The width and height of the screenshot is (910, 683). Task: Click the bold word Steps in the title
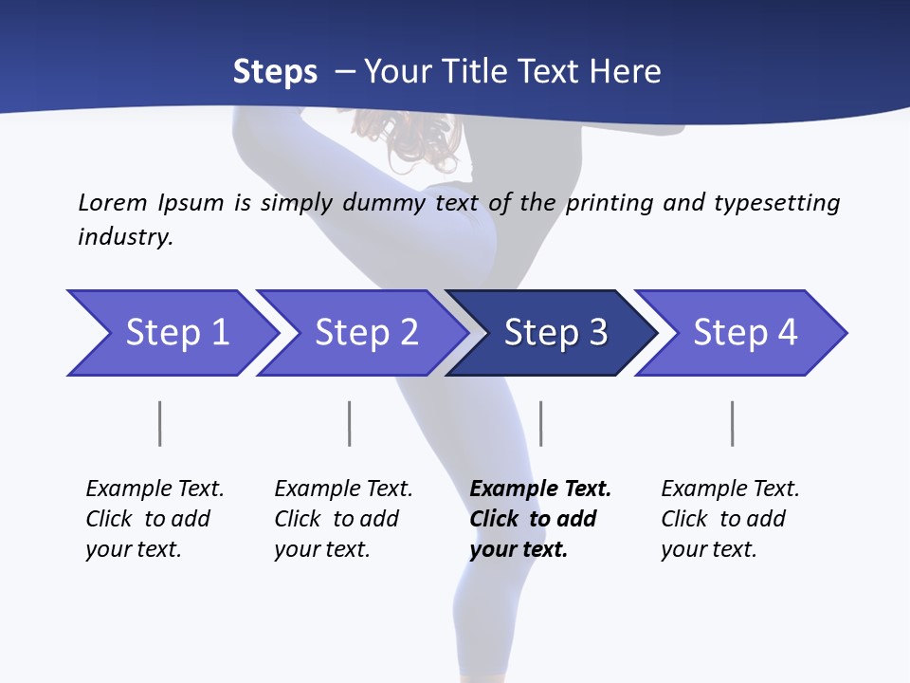275,72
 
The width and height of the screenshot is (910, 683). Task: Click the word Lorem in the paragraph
113,203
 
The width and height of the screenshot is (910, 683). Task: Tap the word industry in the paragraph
125,236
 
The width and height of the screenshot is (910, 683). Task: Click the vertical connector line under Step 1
160,423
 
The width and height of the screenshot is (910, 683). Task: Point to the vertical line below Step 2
350,423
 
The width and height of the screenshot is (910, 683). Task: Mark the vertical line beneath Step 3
540,423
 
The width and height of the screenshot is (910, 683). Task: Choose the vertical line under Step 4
732,423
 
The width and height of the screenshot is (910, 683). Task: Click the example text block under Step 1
155,519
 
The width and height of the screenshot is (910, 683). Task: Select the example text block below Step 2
343,519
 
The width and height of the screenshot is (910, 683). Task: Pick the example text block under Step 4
730,519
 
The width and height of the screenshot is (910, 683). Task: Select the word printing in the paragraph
608,203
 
